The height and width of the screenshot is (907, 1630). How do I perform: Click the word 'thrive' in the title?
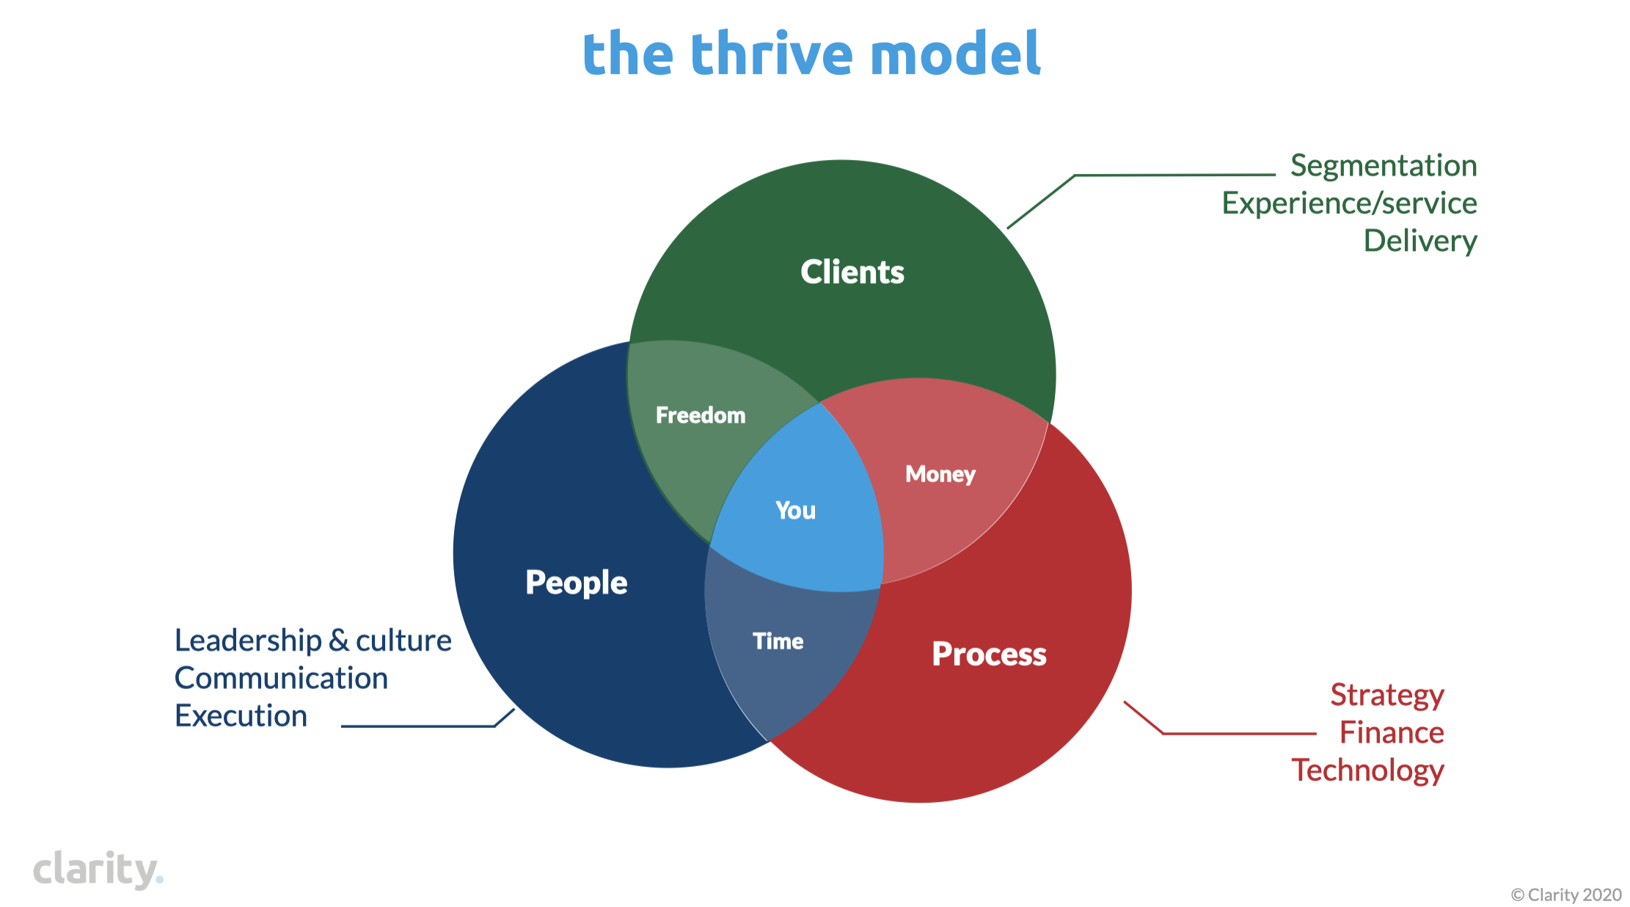click(x=772, y=54)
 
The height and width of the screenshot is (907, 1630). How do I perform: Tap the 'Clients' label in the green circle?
click(x=852, y=272)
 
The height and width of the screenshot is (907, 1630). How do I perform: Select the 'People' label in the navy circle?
click(x=577, y=583)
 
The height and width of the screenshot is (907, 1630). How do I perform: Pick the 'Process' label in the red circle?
click(x=989, y=654)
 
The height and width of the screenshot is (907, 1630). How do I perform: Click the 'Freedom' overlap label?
click(x=701, y=415)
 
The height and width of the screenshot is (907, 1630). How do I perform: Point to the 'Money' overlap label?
click(x=940, y=475)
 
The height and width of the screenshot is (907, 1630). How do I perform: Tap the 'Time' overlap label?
click(x=778, y=641)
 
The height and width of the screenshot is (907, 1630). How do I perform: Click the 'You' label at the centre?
click(x=795, y=510)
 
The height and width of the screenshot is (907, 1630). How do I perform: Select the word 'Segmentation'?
click(x=1384, y=167)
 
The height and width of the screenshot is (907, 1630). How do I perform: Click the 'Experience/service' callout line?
click(x=1349, y=203)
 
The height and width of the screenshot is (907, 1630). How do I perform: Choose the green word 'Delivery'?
click(x=1420, y=241)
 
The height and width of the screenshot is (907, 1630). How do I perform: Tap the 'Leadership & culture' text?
click(x=313, y=641)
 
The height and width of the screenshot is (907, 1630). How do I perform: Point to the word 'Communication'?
click(x=281, y=678)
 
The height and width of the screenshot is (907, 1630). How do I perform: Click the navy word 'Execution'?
click(x=241, y=715)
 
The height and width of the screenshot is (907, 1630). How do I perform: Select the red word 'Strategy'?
click(x=1387, y=696)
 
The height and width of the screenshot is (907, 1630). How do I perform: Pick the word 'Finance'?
click(x=1392, y=732)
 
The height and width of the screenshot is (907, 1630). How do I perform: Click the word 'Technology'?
click(x=1368, y=771)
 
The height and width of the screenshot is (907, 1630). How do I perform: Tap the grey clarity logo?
click(x=98, y=870)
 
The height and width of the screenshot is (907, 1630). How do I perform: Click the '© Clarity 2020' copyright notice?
click(x=1566, y=895)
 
